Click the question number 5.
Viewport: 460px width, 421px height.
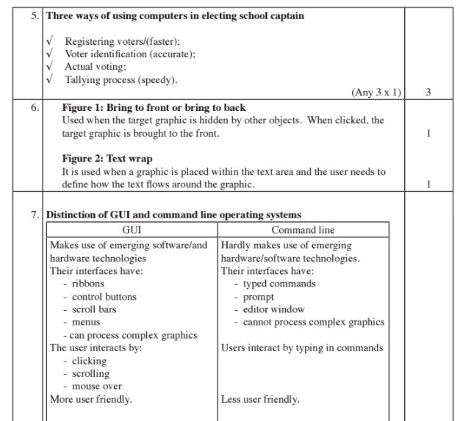pos(35,15)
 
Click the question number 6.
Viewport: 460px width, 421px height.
pos(35,107)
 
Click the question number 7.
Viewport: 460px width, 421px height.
pos(35,215)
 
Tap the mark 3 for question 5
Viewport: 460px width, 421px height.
pos(428,93)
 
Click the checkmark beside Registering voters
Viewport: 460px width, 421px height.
pos(49,41)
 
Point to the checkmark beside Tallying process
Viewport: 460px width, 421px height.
pos(49,79)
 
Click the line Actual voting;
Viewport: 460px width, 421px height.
pos(96,67)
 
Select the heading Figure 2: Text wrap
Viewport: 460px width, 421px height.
pos(107,158)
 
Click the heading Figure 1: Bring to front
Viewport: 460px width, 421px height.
pos(154,107)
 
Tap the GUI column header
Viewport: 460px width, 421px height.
pos(131,230)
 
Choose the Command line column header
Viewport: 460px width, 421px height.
pos(303,230)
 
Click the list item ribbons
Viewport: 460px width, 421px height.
pos(88,284)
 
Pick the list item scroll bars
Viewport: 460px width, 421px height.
pos(94,309)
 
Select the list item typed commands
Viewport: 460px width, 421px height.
pos(279,284)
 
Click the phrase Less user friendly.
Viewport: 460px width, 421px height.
pos(260,400)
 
